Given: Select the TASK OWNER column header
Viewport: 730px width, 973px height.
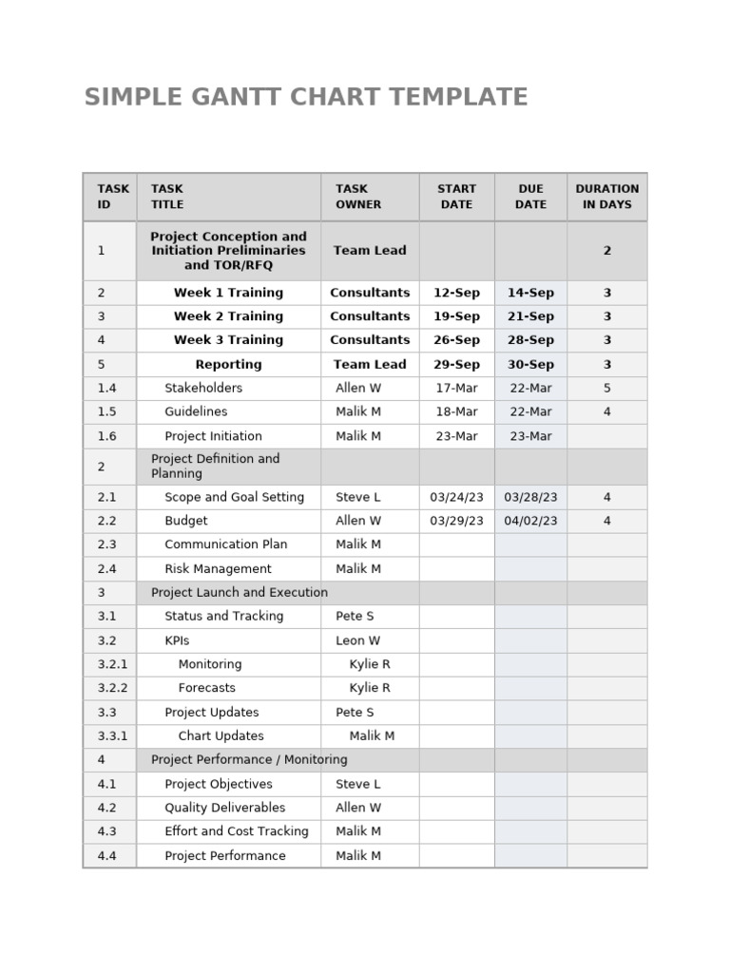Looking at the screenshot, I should point(358,197).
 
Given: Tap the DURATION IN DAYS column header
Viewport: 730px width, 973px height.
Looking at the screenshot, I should point(606,197).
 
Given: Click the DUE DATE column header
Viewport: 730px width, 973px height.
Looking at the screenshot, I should point(530,197).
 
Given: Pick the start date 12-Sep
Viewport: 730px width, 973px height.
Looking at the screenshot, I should point(456,293).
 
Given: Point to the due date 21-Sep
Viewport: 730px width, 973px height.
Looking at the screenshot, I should point(530,316).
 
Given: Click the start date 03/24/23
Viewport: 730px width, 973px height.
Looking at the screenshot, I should point(456,497).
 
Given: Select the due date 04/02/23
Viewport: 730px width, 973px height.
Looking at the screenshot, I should point(530,521).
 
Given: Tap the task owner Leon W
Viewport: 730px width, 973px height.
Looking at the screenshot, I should point(357,640).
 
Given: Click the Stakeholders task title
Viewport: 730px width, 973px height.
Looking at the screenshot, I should point(203,388).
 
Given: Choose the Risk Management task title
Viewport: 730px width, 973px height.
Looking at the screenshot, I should point(218,569).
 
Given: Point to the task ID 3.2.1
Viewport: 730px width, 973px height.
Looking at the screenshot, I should point(112,664).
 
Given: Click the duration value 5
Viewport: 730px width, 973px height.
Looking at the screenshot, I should point(606,388).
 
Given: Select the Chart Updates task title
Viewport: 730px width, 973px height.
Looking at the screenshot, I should point(221,735).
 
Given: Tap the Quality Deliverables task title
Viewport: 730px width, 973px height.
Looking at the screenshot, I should point(224,808).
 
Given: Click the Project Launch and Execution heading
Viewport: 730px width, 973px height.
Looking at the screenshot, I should point(240,592).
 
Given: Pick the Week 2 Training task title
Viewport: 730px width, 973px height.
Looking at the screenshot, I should point(228,316).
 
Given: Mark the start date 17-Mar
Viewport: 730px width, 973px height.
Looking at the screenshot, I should point(456,388).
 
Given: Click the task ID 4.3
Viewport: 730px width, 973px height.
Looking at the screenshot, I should point(106,831).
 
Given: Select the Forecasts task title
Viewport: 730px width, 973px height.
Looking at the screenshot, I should point(207,688).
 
